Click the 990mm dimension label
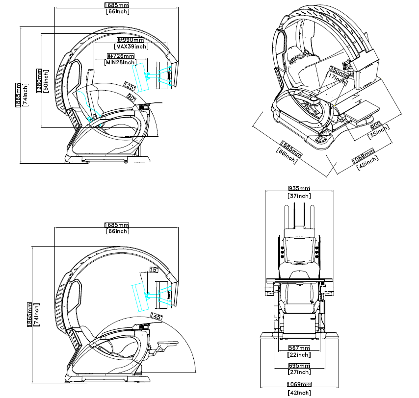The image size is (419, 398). [x=130, y=39]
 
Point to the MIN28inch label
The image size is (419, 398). [x=120, y=63]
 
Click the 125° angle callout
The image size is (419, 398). [x=130, y=87]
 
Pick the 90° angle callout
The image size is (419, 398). [x=131, y=98]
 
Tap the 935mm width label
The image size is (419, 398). [x=299, y=188]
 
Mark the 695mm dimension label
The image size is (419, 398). [x=299, y=366]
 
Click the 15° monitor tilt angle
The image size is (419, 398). [x=154, y=270]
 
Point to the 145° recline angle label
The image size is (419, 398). [x=157, y=316]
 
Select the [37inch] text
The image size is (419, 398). [x=299, y=196]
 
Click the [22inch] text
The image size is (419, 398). [x=299, y=354]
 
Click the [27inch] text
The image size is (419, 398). [x=299, y=373]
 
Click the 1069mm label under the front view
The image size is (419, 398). [x=299, y=385]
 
